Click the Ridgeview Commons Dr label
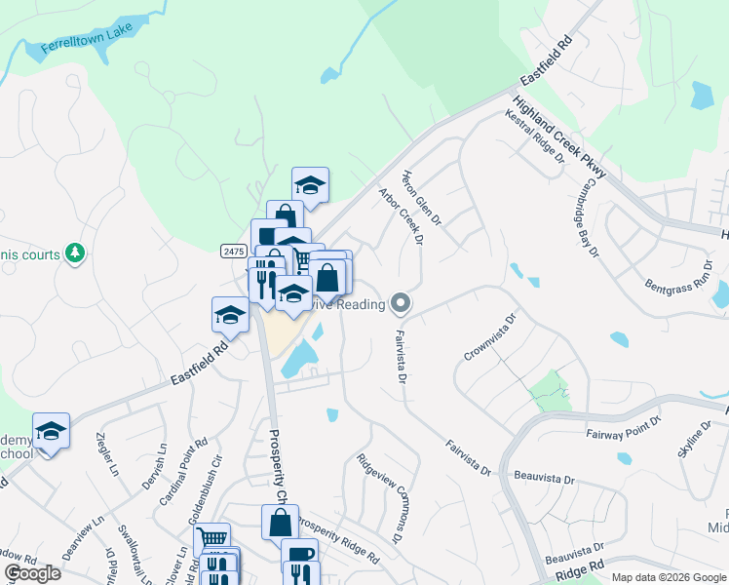(x=380, y=498)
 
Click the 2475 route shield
(x=232, y=251)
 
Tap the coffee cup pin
(x=299, y=554)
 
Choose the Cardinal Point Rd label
(x=183, y=465)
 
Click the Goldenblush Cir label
(x=212, y=479)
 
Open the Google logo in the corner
(x=32, y=573)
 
